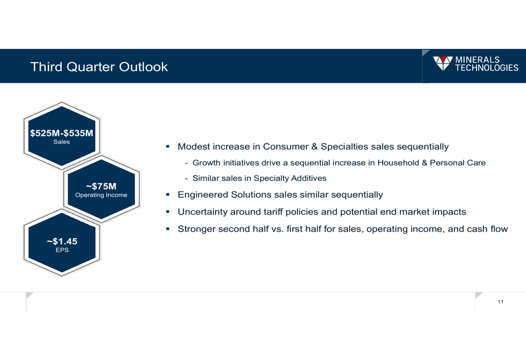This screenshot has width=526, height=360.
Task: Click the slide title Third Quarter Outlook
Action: pos(99,67)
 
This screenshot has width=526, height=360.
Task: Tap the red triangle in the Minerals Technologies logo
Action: pos(443,59)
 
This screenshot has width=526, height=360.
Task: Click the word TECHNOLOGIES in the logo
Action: pos(487,68)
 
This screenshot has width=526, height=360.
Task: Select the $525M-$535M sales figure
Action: pos(62,133)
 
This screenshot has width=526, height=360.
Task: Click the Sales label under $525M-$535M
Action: pos(62,142)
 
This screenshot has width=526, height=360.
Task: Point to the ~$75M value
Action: pos(101,186)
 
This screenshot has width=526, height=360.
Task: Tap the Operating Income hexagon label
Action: pos(102,195)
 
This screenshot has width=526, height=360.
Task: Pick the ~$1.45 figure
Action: pos(62,241)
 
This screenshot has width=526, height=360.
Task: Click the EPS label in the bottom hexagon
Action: pos(62,250)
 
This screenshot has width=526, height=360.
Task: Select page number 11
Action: pos(501,302)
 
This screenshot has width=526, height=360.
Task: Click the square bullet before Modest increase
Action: pos(168,147)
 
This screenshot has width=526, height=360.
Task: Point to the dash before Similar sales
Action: pos(186,178)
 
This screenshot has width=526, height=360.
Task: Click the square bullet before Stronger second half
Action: pos(168,229)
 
